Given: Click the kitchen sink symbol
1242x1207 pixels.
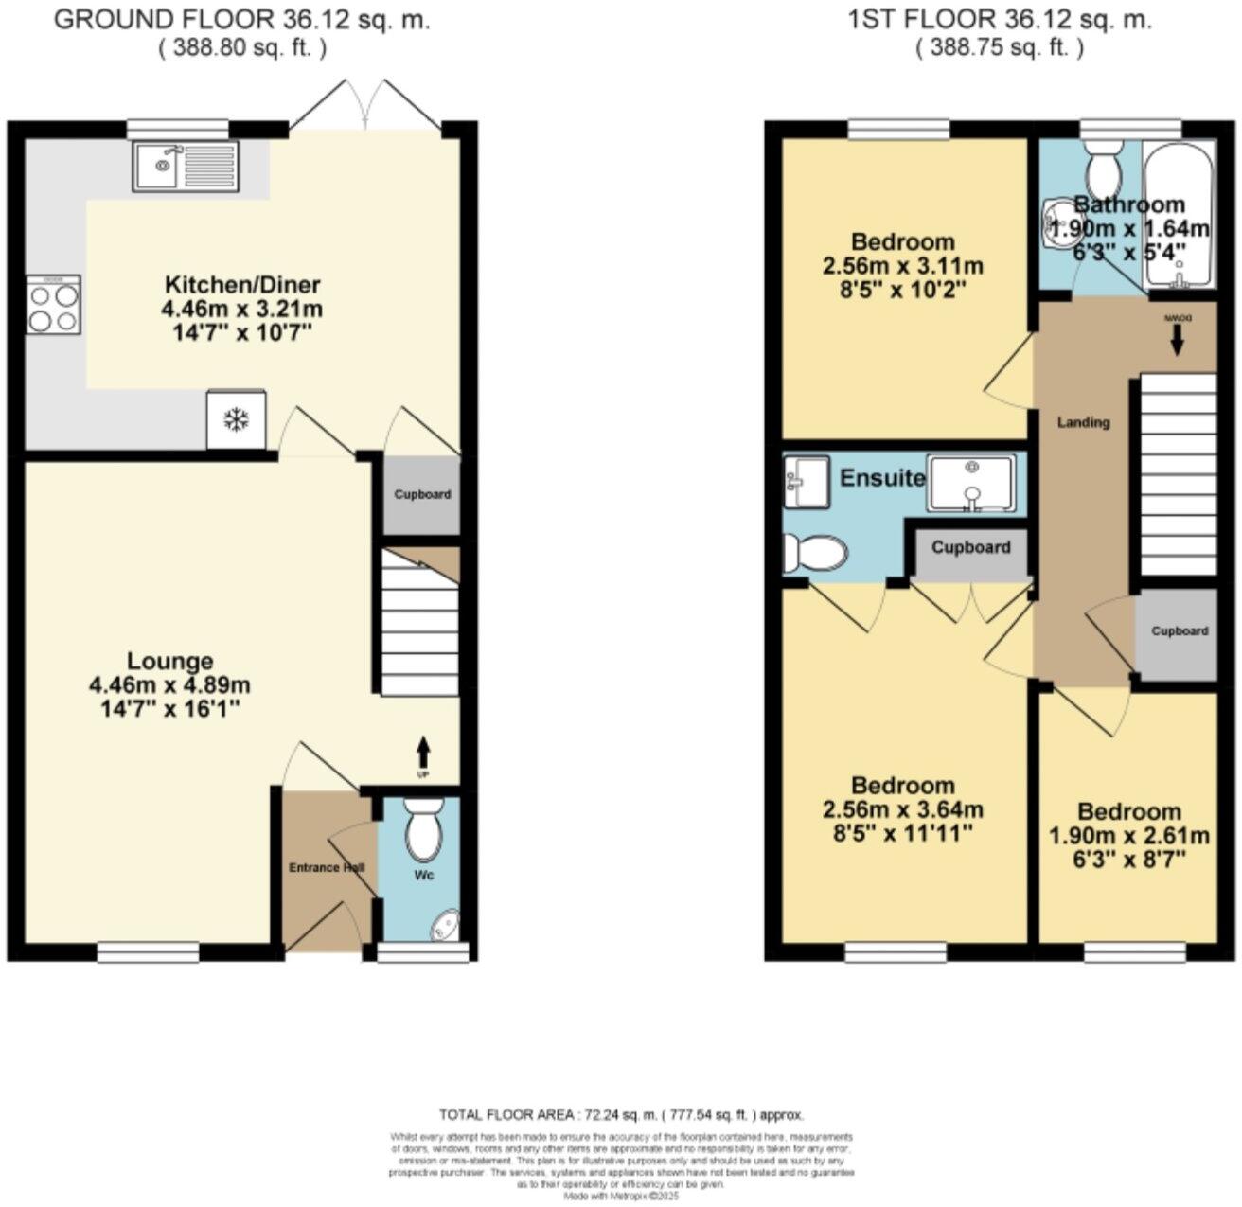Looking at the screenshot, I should (x=186, y=167).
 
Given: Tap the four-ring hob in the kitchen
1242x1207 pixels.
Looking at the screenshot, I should (x=53, y=307).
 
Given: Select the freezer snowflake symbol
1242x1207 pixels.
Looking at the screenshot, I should (x=235, y=419).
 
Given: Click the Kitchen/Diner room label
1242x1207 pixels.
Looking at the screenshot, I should (x=243, y=285).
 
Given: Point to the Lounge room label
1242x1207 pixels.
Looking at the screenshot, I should (x=170, y=662).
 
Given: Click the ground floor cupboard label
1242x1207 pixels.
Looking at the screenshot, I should (x=422, y=495).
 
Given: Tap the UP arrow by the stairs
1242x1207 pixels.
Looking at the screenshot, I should (x=422, y=755).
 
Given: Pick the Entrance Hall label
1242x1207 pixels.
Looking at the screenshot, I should (x=328, y=867).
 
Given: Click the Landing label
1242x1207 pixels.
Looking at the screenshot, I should (x=1083, y=423).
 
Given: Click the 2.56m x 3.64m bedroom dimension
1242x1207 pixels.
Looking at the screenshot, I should (x=902, y=810).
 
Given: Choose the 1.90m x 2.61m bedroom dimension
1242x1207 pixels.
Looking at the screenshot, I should (x=1129, y=836).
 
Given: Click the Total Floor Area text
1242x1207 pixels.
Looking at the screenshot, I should (x=621, y=1115).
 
